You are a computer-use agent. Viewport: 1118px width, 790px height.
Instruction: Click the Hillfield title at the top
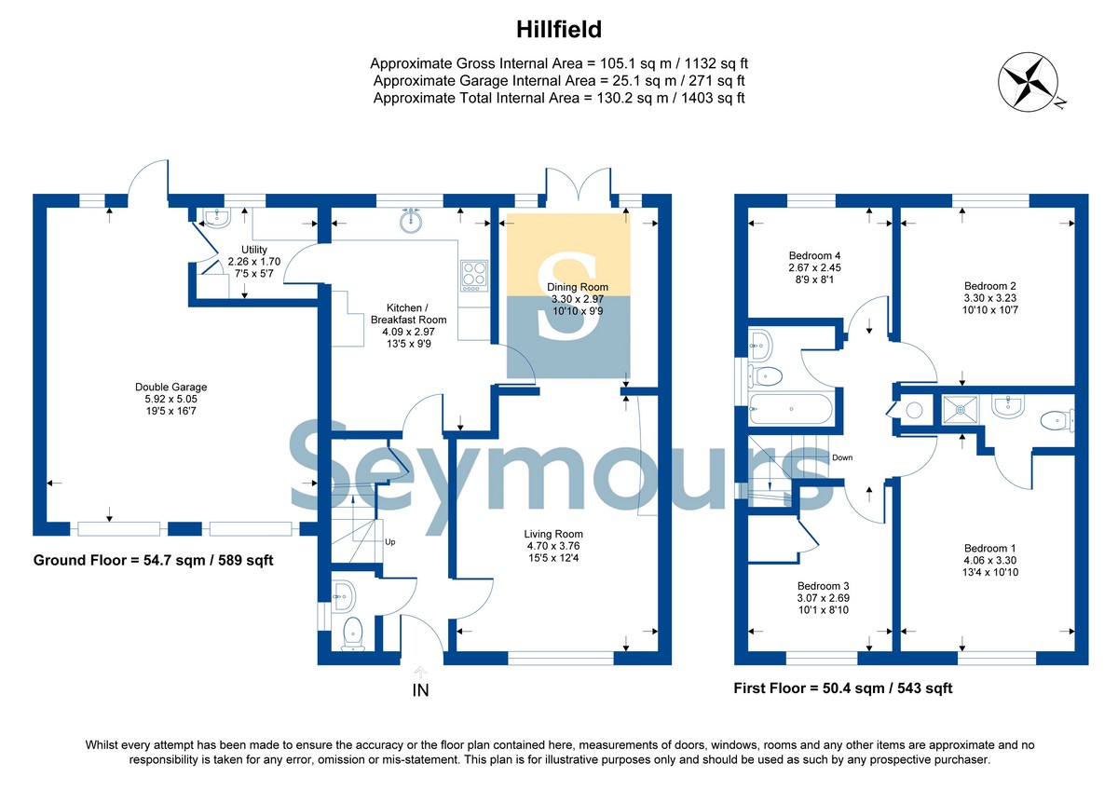558,30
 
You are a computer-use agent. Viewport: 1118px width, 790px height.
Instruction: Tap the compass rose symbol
1029,81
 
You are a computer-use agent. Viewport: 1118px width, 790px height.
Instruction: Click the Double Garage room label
170,399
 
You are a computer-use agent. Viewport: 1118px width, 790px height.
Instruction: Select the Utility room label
254,262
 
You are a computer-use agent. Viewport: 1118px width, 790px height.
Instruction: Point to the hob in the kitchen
474,276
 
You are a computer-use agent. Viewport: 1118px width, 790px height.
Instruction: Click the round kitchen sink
411,220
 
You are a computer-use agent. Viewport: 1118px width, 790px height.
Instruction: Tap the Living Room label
553,546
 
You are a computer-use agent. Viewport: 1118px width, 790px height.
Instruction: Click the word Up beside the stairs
389,542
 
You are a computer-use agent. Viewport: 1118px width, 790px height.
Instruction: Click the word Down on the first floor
842,457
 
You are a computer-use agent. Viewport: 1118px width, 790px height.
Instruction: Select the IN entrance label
420,690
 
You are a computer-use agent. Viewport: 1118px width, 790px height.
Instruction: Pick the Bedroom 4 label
814,268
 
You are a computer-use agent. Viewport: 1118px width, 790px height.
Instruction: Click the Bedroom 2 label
989,298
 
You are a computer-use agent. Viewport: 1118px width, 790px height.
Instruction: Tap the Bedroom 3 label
823,598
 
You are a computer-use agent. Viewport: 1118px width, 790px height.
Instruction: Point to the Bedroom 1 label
989,561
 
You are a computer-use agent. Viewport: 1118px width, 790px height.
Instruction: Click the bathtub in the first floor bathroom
791,409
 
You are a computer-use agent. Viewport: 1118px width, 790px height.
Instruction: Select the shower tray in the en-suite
960,410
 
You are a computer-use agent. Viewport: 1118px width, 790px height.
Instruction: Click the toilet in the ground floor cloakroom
353,633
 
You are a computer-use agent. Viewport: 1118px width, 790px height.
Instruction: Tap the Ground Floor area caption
153,560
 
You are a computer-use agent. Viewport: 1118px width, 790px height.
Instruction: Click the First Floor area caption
843,688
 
